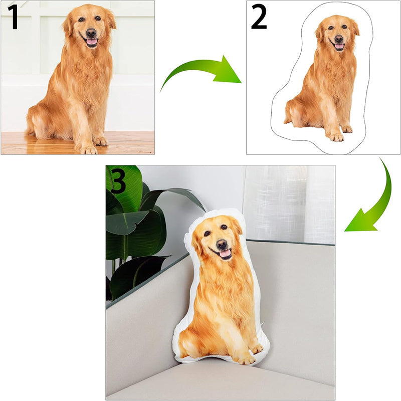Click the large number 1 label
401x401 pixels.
pyautogui.click(x=13, y=17)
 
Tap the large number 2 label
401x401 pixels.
pyautogui.click(x=259, y=17)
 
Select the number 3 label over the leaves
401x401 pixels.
pyautogui.click(x=117, y=181)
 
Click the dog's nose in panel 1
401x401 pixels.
pyautogui.click(x=91, y=33)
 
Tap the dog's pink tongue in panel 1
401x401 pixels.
pyautogui.click(x=92, y=42)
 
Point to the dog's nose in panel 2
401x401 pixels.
pyautogui.click(x=339, y=39)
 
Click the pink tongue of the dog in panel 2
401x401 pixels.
pyautogui.click(x=339, y=46)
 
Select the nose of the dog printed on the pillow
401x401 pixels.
pyautogui.click(x=222, y=244)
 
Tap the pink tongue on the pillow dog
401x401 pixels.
pyautogui.click(x=225, y=254)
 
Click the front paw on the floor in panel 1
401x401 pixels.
pyautogui.click(x=89, y=150)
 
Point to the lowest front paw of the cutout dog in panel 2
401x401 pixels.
pyautogui.click(x=336, y=137)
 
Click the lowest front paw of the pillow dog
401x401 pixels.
pyautogui.click(x=247, y=360)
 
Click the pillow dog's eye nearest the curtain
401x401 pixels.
pyautogui.click(x=224, y=227)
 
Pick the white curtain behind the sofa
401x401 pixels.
pyautogui.click(x=289, y=205)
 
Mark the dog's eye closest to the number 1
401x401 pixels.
pyautogui.click(x=81, y=20)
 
